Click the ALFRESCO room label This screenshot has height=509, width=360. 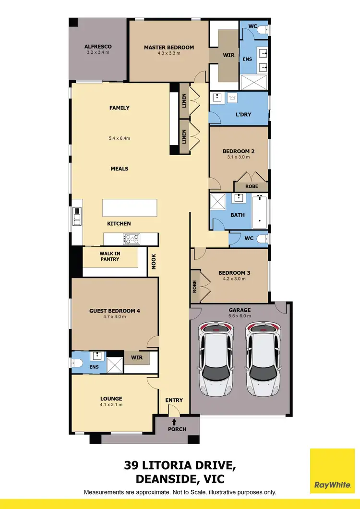click(x=98, y=47)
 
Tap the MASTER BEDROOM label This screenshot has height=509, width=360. click(x=169, y=47)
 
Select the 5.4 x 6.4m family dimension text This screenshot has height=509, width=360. click(x=120, y=138)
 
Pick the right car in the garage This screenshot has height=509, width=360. click(x=263, y=360)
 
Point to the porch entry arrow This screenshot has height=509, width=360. click(x=174, y=421)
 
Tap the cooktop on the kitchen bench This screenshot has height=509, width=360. click(x=132, y=238)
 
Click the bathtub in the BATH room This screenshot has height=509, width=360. click(x=260, y=211)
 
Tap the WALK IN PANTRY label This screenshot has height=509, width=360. click(x=109, y=256)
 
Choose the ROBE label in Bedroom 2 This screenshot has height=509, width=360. click(x=251, y=186)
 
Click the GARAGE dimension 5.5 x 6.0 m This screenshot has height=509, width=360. click(x=240, y=316)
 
